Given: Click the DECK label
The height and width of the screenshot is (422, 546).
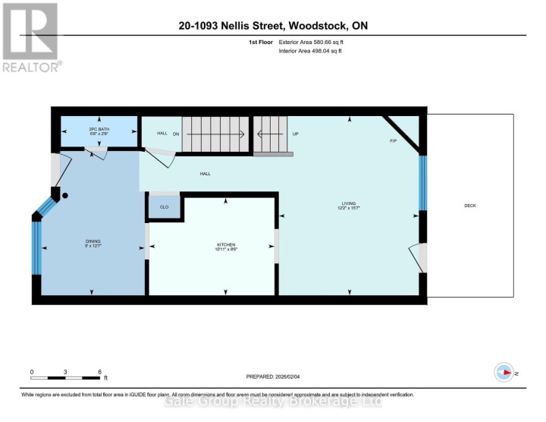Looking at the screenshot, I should click(469, 206).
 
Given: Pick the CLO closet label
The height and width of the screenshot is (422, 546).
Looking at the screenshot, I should click(164, 206).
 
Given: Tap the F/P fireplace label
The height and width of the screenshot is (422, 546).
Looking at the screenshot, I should click(393, 141).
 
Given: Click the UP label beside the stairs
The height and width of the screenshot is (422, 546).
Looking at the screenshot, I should click(296, 134).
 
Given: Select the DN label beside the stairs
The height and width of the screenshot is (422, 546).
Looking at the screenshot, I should click(176, 134).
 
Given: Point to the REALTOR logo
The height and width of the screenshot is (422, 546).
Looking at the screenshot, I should click(30, 38).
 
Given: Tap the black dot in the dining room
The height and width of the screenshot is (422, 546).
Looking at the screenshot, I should click(65, 196).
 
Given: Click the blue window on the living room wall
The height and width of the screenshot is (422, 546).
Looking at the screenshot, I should click(422, 182).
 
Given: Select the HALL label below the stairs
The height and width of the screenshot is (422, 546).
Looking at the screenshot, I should click(205, 174).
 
